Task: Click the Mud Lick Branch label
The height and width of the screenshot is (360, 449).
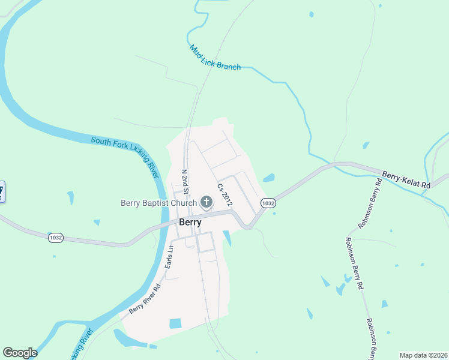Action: [x=215, y=58]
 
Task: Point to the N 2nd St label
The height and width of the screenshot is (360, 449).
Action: [x=185, y=181]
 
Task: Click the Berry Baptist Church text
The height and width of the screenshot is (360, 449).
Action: [x=158, y=203]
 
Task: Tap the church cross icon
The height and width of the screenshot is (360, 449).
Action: [x=206, y=202]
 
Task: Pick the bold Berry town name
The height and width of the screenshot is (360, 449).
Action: [x=190, y=221]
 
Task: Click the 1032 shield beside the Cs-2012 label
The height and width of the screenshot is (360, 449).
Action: [x=268, y=203]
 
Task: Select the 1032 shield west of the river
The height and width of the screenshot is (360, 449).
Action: [x=56, y=238]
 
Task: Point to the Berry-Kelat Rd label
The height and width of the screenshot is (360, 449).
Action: [x=406, y=181]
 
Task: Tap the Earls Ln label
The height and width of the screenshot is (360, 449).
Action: [x=169, y=256]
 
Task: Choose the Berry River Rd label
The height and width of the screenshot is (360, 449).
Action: [x=145, y=298]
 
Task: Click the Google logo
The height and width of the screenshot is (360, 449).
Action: [x=20, y=353]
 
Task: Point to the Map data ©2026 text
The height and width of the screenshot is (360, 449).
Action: [x=423, y=355]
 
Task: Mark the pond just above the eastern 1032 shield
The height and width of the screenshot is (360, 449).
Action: [x=268, y=178]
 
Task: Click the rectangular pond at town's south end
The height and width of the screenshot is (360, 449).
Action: [x=175, y=323]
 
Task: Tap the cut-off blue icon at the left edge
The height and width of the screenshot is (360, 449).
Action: [x=2, y=191]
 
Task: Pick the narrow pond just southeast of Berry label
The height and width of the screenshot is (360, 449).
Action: [x=227, y=238]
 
